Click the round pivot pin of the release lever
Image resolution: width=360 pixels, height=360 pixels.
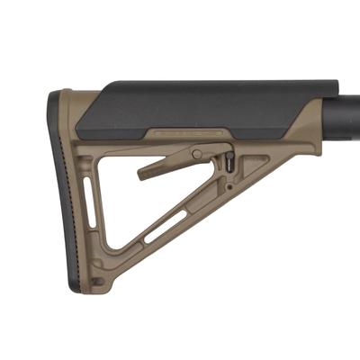[x=195, y=154]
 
